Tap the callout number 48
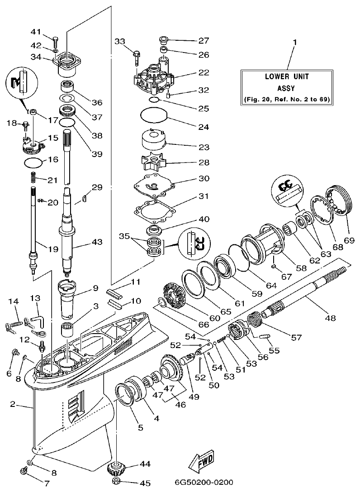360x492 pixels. [330, 318]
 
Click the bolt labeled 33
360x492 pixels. [136, 57]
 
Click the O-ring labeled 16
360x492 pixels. [33, 161]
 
